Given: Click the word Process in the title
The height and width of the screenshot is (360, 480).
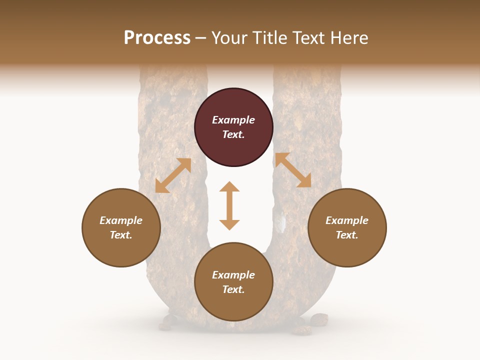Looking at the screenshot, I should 157,38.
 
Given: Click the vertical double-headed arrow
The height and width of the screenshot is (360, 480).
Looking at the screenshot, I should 229,205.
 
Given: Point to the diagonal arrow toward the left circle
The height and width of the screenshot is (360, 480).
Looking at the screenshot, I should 173,175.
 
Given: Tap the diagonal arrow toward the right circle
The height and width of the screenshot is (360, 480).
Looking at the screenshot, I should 293,170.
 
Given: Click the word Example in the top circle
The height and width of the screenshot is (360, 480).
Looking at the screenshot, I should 233,120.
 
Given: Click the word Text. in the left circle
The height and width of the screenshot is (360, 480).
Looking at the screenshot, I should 121,235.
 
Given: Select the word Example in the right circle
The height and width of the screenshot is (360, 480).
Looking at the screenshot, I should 347,220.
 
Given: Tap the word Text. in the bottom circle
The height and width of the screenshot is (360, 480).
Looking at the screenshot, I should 233,289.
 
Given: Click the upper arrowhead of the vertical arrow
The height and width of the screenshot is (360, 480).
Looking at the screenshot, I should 229,187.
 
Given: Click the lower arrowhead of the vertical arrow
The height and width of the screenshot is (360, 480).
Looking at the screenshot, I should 229,224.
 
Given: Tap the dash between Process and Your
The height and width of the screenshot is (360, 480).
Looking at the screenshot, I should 201,38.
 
